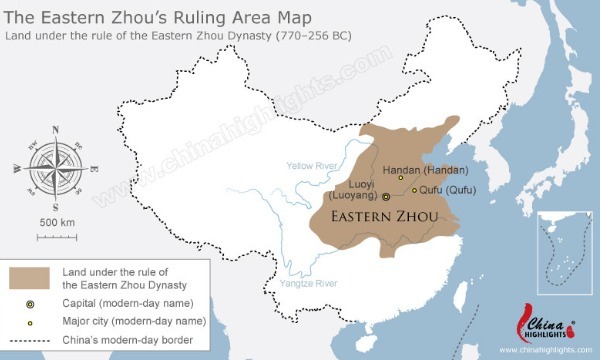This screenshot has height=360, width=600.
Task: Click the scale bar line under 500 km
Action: pos(56,236)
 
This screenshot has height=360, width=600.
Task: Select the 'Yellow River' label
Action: pos(313,166)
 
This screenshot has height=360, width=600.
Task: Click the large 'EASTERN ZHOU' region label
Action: pos(383,216)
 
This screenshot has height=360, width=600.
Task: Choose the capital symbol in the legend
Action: pos(29,301)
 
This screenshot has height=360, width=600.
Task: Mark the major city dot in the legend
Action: pos(29,321)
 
